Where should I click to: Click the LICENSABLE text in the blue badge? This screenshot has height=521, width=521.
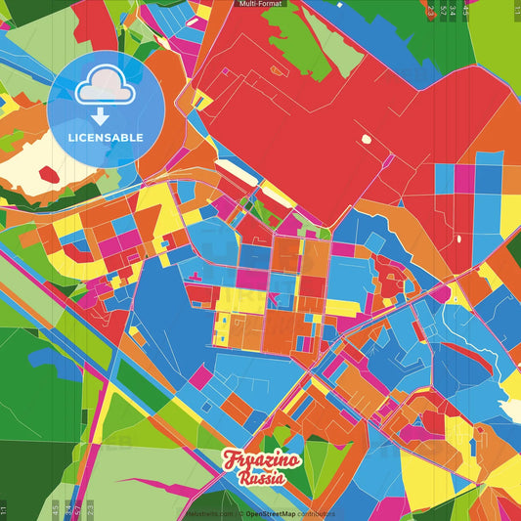106,137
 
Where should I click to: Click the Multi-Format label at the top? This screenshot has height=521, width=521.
260,5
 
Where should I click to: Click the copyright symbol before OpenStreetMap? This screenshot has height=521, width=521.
240,513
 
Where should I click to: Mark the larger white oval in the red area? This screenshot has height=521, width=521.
368,140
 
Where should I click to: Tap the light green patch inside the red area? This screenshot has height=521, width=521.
315,44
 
